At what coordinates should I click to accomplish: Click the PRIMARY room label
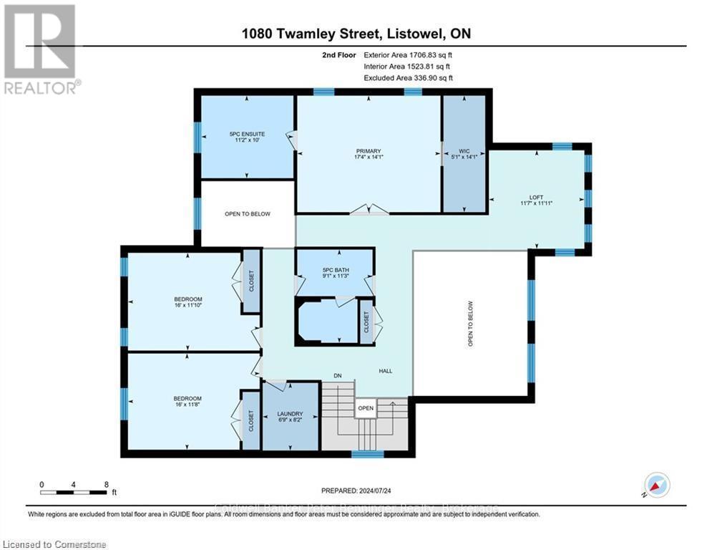click(x=369, y=151)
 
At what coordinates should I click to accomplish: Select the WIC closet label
click(x=464, y=151)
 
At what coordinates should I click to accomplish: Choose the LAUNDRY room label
click(x=290, y=414)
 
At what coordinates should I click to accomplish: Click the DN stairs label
click(x=338, y=375)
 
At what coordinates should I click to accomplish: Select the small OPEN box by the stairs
click(x=366, y=409)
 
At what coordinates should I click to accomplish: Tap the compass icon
click(x=656, y=486)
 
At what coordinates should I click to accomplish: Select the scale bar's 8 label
click(x=106, y=483)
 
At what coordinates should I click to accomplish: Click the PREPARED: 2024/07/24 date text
click(x=356, y=491)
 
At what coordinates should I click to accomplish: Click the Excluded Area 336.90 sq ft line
click(x=408, y=78)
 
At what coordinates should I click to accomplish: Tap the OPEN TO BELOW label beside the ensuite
click(x=247, y=213)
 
